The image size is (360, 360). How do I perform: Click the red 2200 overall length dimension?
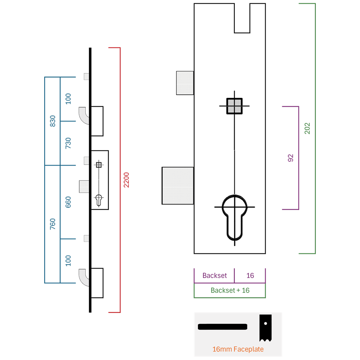click(126, 180)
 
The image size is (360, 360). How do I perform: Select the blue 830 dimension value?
click(53, 121)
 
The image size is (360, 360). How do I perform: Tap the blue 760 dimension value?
click(53, 224)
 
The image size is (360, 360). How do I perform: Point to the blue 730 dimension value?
click(68, 143)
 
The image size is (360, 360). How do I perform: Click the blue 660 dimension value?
click(68, 202)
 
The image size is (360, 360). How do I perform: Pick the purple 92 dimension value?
click(291, 158)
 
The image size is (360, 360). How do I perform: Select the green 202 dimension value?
click(307, 129)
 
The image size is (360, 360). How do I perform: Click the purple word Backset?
click(215, 275)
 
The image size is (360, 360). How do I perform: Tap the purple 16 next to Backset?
click(250, 275)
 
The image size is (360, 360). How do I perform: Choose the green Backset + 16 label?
click(230, 291)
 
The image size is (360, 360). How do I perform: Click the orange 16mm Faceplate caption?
click(238, 349)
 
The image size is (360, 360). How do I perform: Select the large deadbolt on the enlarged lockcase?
click(178, 185)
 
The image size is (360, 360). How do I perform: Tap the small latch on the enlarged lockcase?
click(185, 83)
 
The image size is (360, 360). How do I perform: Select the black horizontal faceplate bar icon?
click(222, 327)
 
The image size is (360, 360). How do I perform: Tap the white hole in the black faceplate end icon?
click(266, 324)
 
